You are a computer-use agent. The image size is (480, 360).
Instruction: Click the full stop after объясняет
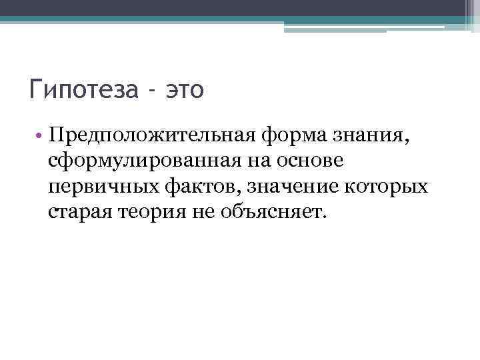point(326,217)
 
